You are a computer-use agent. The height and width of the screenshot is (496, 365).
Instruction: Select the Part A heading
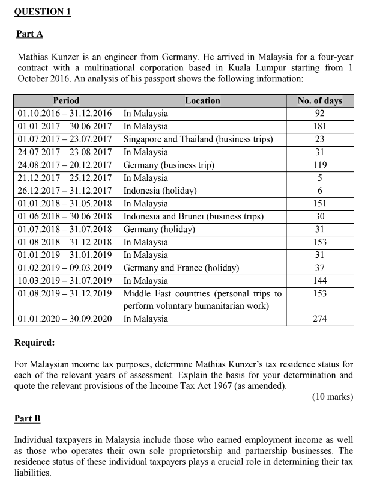point(29,34)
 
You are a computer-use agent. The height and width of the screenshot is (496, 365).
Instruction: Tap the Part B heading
point(28,417)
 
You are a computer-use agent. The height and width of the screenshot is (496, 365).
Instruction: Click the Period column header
point(66,100)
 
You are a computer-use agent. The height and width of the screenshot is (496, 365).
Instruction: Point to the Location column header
point(202,100)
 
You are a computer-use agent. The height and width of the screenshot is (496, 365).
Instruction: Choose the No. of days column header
point(319,100)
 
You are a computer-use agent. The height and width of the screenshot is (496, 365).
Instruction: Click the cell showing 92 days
point(319,114)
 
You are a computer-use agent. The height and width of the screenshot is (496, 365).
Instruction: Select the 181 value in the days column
point(319,126)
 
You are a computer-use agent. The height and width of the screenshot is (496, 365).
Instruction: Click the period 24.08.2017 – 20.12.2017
point(65,165)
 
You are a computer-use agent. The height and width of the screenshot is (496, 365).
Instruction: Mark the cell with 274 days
point(319,319)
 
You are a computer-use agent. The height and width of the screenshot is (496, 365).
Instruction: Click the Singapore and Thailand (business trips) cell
point(198,139)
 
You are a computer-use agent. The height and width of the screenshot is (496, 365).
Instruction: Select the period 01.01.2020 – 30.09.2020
point(65,319)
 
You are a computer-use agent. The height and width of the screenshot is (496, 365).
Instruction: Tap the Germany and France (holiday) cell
point(181,268)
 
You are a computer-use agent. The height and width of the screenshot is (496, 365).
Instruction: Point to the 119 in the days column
point(319,165)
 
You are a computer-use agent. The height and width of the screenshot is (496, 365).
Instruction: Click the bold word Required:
point(34,343)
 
